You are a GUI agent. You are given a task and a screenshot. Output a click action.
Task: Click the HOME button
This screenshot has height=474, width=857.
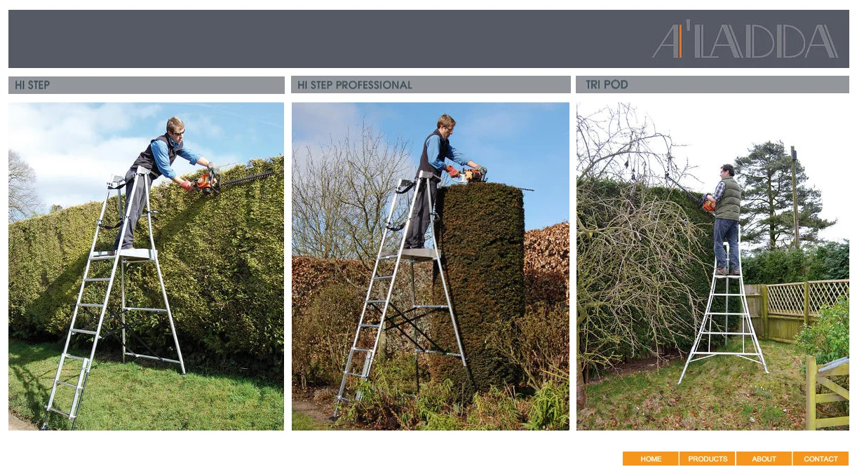click(x=650, y=459)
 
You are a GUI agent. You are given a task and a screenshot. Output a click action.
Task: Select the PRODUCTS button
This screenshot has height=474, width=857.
click(x=708, y=459)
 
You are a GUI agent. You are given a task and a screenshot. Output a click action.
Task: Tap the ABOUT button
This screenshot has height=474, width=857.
click(x=764, y=459)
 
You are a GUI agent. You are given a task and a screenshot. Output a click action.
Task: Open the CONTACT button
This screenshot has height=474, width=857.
click(x=821, y=459)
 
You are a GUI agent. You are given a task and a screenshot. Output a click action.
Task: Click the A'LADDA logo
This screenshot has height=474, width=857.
click(x=745, y=39)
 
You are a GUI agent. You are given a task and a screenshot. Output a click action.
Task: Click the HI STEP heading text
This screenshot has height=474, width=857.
click(x=32, y=85)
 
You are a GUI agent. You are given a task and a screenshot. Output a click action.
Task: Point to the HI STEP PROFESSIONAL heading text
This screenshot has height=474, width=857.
click(x=355, y=85)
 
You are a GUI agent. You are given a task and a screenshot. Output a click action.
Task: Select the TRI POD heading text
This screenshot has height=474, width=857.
click(x=607, y=85)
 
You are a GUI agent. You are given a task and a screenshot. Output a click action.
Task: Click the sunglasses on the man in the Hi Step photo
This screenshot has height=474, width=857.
click(x=178, y=133)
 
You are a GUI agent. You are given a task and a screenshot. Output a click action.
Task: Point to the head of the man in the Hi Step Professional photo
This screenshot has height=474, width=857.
click(x=446, y=125)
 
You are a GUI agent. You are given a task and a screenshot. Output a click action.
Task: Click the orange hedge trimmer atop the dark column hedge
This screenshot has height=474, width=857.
click(x=473, y=175)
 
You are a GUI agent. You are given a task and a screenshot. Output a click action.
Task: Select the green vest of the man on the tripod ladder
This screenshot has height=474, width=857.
click(x=729, y=198)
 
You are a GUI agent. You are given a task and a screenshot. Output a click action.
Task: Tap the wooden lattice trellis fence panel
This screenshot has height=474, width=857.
click(x=807, y=297)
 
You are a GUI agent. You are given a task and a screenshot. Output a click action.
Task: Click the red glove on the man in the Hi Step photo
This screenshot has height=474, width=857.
click(x=186, y=186)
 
